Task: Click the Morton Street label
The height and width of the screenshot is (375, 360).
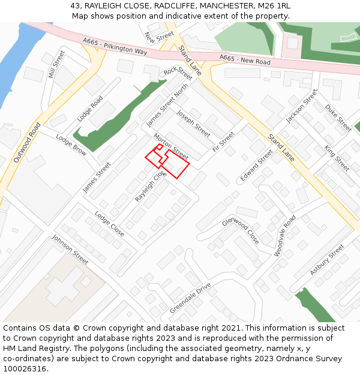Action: tap(171, 147)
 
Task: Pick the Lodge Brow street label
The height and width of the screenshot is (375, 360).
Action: tap(71, 145)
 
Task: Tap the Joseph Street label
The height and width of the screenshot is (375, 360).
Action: tap(193, 124)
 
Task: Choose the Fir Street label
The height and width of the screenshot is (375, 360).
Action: tap(223, 142)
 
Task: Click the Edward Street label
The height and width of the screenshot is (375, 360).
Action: tap(256, 166)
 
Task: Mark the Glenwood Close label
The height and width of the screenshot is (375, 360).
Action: tap(241, 230)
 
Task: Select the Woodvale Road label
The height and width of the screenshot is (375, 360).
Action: tap(285, 236)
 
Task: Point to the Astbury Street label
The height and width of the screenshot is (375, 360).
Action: tap(327, 260)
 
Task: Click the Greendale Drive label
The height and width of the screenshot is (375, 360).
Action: tap(190, 298)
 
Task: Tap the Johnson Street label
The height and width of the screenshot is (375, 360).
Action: tap(70, 250)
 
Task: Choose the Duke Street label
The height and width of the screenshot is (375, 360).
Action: tap(338, 118)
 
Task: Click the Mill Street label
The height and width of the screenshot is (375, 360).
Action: tap(56, 65)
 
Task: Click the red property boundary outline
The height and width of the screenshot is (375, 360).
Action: tap(175, 164)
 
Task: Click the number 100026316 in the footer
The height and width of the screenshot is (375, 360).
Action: tap(24, 368)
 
